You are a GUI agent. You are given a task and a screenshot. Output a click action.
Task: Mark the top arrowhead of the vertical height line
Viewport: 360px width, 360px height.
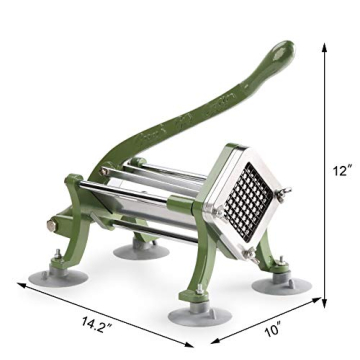coord(327,44)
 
